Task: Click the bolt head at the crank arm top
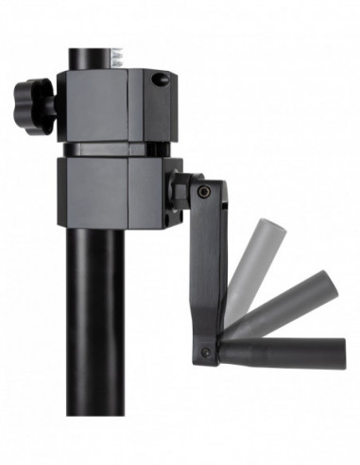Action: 204,193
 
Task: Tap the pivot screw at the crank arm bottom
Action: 206,352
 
